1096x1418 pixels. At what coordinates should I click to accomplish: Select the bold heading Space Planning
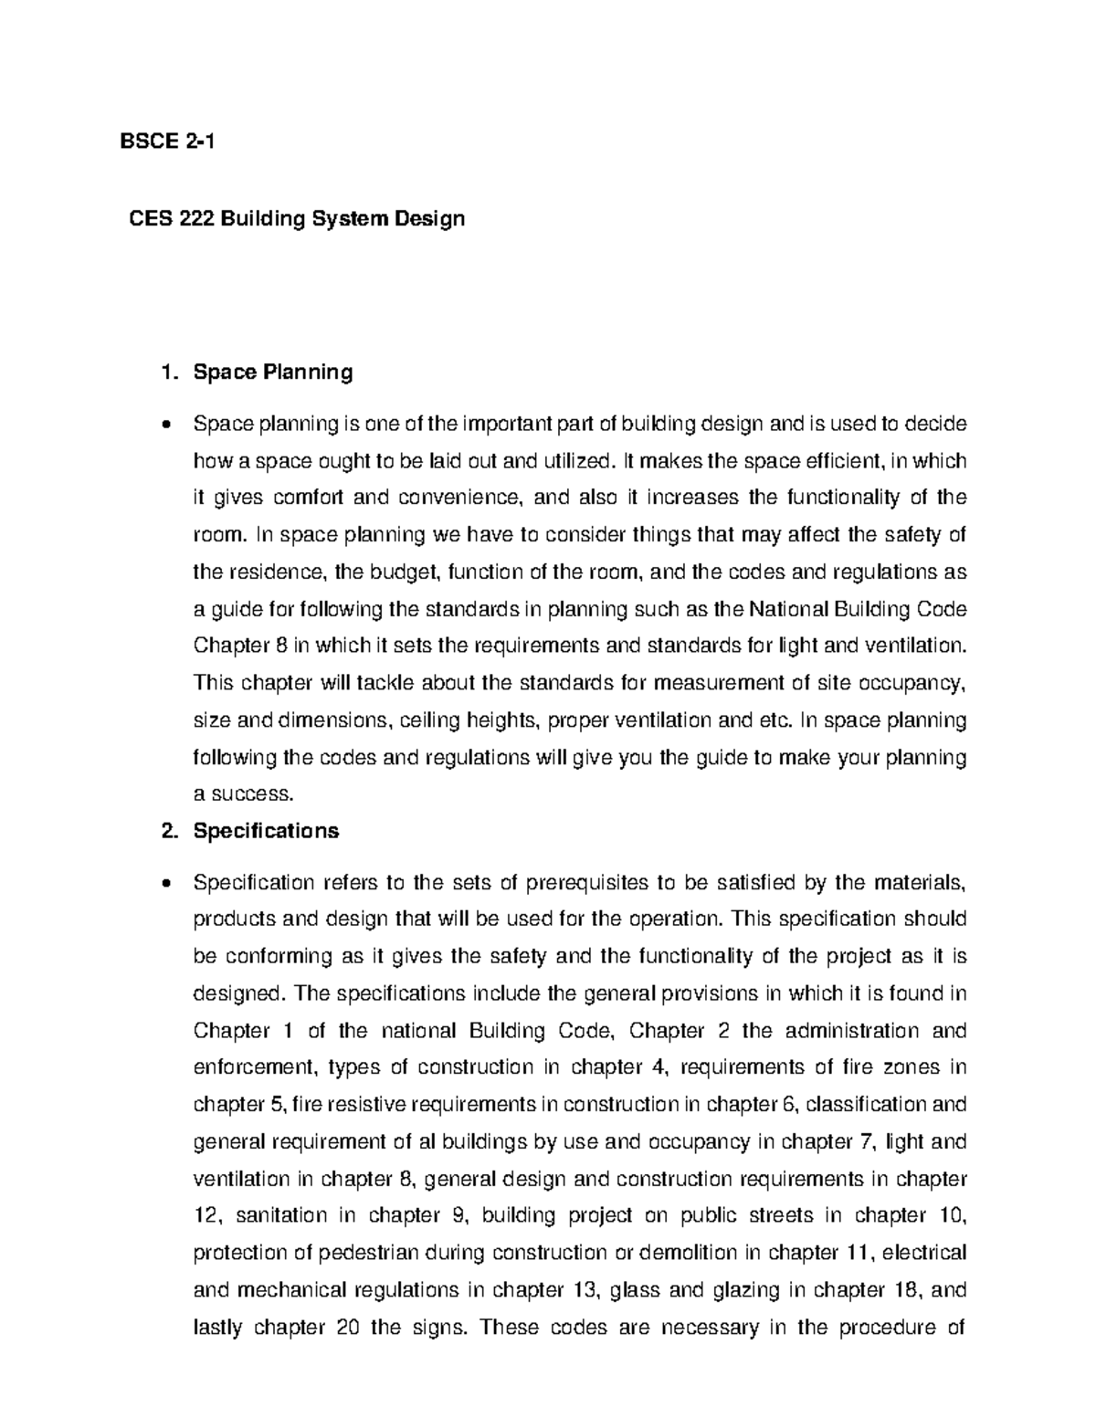tap(272, 373)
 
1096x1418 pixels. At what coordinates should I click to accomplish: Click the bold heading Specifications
tap(266, 831)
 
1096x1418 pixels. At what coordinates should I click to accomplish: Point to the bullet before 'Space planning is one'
tap(163, 425)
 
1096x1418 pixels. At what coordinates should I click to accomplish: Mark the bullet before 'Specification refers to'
tap(163, 883)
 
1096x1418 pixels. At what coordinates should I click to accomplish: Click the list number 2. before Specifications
tap(165, 831)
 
